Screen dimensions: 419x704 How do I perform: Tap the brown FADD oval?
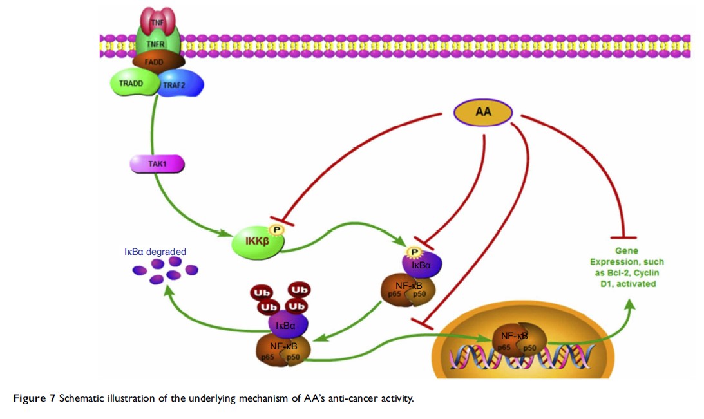[158, 61]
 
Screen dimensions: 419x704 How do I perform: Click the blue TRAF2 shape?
[180, 84]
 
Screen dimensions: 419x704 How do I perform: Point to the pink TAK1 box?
[157, 165]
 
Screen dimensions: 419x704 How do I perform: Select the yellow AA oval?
[483, 112]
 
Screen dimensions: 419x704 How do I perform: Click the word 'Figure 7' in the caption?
[34, 398]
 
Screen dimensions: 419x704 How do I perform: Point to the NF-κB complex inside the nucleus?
[513, 339]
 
